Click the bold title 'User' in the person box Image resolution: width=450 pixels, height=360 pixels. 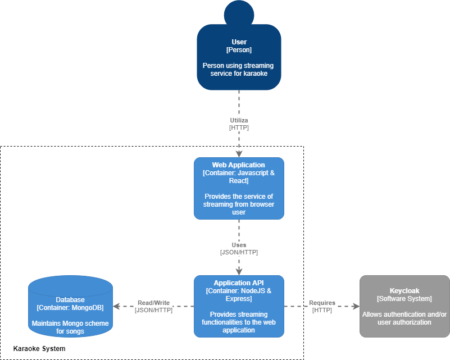point(239,42)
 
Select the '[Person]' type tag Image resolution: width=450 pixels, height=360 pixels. point(239,50)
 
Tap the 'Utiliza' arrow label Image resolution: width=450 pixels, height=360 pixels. point(239,120)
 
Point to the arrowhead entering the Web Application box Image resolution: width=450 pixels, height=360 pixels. point(239,153)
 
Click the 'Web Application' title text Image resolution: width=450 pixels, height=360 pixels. point(239,165)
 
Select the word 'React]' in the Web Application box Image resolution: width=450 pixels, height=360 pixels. point(239,181)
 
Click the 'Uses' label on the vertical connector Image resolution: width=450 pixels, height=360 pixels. point(239,245)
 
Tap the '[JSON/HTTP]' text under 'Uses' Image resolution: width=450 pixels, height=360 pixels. point(239,253)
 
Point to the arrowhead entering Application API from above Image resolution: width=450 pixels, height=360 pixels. point(239,271)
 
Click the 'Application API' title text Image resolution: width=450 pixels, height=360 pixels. point(239,283)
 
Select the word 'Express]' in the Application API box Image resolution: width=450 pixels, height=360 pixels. point(239,299)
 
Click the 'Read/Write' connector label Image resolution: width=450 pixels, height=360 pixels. point(153,303)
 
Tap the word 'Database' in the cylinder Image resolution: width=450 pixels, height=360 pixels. point(70,300)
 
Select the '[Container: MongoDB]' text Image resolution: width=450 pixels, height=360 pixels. point(70,308)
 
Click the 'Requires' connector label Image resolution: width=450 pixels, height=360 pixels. point(322,303)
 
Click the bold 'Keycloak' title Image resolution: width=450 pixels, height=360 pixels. point(404,291)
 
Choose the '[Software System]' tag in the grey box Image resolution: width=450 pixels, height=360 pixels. point(404,299)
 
